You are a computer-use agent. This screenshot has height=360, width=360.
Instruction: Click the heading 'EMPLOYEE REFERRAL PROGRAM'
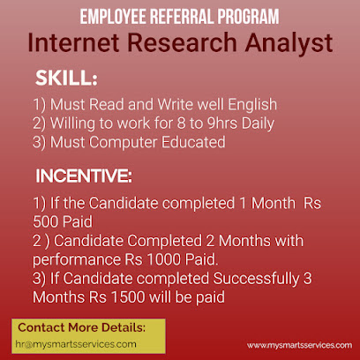coord(180,16)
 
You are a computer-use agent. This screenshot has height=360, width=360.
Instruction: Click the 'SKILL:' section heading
coord(66,78)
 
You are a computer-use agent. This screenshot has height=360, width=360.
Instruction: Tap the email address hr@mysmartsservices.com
coord(77,344)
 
